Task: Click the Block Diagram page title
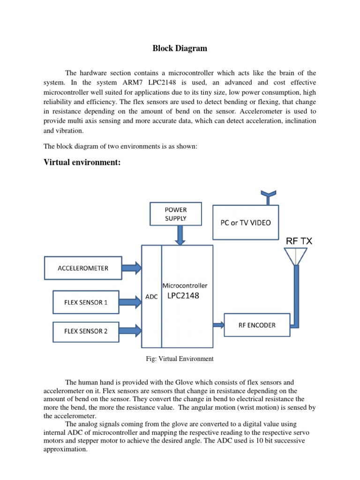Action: [180, 48]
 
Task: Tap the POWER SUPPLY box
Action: [176, 214]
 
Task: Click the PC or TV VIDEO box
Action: [245, 222]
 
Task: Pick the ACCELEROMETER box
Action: [83, 268]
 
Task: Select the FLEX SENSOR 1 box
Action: [86, 302]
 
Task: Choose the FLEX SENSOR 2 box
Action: [86, 331]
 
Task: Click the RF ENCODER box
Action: [257, 325]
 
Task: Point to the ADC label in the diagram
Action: [151, 297]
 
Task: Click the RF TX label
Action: [299, 241]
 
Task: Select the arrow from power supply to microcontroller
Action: [180, 235]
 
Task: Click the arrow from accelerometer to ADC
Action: [131, 268]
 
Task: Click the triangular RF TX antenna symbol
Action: [296, 256]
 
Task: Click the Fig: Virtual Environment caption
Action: [180, 359]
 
